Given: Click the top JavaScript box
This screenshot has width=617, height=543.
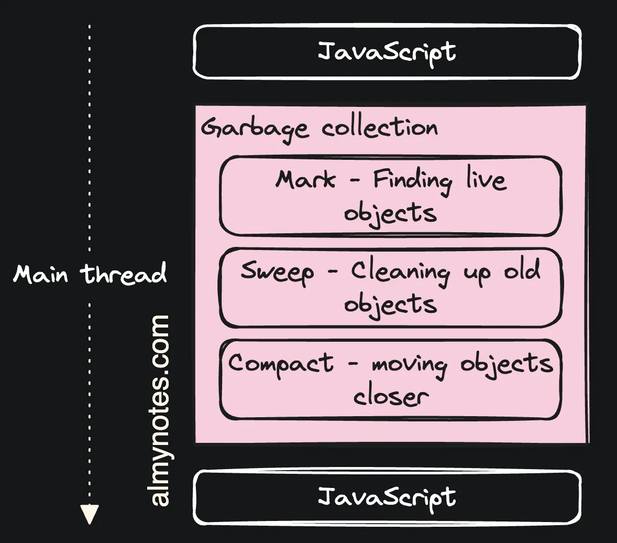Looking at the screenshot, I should point(387,52).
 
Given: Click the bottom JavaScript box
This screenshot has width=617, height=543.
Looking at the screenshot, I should point(387,497).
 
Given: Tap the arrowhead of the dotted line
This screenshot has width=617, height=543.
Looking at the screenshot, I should point(90,514).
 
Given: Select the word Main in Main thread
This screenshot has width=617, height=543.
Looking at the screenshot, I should point(41,274).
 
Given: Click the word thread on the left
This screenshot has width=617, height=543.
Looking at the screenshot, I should point(124,274).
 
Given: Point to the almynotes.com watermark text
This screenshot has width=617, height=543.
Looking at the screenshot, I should point(160,410).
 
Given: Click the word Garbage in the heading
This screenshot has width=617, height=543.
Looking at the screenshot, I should point(255,128).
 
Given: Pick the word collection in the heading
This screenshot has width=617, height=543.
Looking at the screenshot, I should point(380,127).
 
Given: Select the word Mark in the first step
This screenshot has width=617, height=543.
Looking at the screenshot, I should point(305,180).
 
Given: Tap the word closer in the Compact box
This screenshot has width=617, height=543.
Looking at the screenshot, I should point(391,396).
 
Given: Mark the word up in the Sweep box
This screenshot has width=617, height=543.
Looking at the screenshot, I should point(477,273).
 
